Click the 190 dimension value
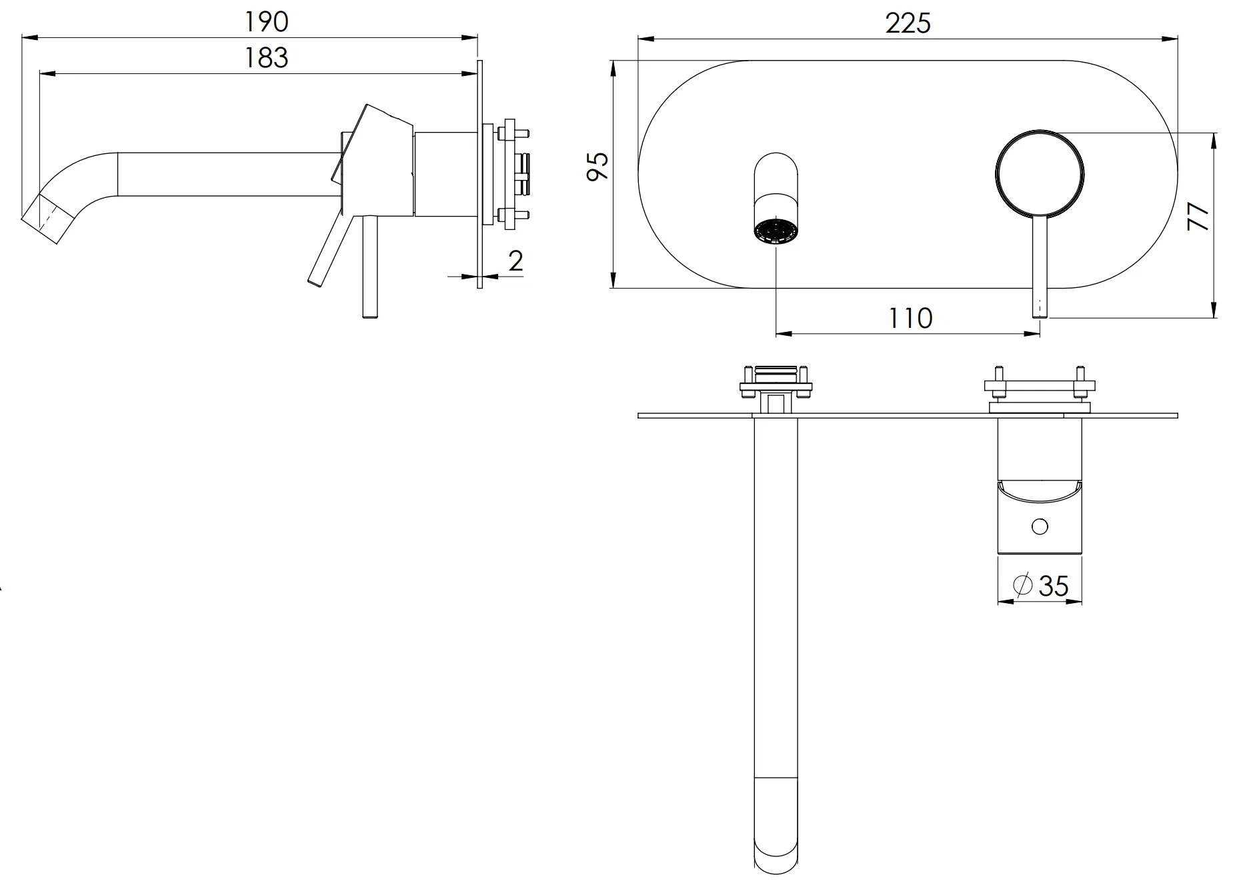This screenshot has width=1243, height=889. point(266,22)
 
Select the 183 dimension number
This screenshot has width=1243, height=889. point(266,58)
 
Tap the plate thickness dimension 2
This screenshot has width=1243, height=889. point(515,261)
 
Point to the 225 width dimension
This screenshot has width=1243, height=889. point(908,24)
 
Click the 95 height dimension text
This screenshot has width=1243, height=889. point(598,166)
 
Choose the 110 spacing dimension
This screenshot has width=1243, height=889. point(910,319)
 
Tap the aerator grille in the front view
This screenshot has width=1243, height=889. point(776,232)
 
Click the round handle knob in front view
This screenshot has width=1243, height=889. point(1040,173)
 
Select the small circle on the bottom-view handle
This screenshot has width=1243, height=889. point(1039,526)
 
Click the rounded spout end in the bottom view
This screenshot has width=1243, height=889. point(776,860)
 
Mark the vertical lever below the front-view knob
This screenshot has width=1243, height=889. point(1040,267)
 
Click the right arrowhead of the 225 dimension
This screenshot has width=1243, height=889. point(1172,39)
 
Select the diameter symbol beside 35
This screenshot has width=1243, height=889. point(1022,585)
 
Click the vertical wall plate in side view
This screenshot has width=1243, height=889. point(479,173)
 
